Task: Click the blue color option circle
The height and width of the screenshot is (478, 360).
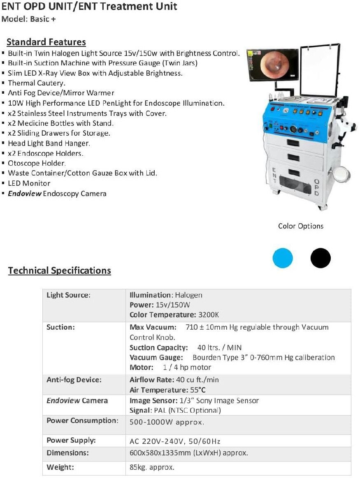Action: click(x=283, y=258)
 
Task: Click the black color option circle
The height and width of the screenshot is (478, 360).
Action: click(x=321, y=258)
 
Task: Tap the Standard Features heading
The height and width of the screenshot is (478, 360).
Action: click(x=46, y=42)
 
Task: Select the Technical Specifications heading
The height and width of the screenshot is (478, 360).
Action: click(x=59, y=270)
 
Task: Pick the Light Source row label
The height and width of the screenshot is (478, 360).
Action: click(x=68, y=295)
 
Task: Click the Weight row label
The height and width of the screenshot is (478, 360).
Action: click(x=60, y=467)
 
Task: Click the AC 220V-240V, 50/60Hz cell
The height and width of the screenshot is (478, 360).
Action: click(x=175, y=441)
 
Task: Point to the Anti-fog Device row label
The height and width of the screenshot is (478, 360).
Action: click(x=74, y=380)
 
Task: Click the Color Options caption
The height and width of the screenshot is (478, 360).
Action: click(x=301, y=226)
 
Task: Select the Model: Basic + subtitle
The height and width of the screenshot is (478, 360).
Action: click(x=29, y=19)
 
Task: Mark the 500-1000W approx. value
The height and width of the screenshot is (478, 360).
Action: click(x=167, y=422)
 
